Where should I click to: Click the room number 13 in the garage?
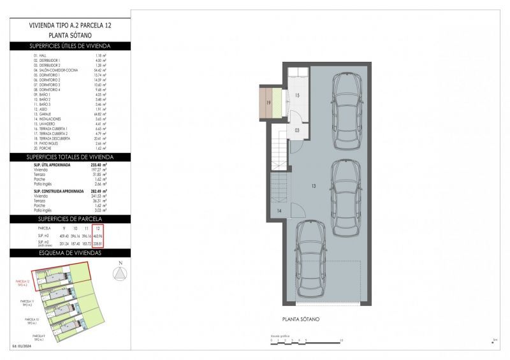314,187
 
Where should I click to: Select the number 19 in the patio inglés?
268,103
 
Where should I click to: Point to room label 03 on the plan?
297,130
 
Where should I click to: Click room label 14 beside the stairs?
279,210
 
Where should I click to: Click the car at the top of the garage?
347,108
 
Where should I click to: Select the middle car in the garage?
345,192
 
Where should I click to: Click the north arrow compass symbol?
119,273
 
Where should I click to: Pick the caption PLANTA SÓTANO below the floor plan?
301,319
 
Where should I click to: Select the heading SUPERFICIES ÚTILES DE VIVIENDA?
70,46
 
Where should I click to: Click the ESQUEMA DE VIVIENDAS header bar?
70,252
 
